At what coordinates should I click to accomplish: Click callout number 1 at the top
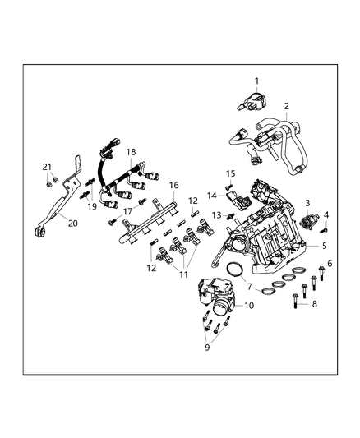click(256, 81)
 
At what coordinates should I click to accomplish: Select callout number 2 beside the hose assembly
click(286, 106)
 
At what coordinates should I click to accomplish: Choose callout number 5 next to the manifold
click(330, 263)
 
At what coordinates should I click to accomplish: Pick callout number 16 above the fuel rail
click(173, 186)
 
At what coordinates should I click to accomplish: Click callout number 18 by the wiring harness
click(130, 152)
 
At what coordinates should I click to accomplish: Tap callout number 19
click(92, 206)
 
